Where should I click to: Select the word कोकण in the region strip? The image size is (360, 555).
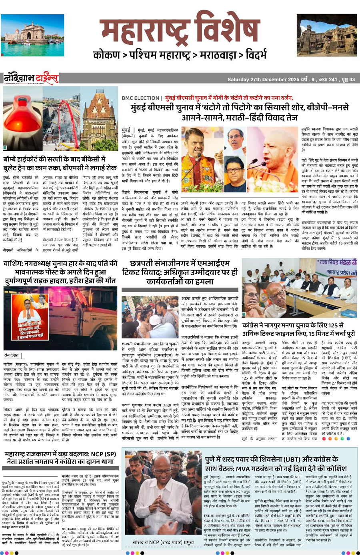click(107, 54)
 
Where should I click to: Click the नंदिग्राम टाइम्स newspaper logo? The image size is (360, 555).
click(31, 78)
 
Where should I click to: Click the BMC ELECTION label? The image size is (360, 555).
click(140, 98)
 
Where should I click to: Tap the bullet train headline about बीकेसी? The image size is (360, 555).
click(60, 163)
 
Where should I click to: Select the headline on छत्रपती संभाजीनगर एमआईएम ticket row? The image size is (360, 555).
click(180, 272)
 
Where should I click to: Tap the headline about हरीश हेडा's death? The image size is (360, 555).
click(60, 272)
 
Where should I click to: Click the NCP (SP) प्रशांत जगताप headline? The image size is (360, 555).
click(60, 457)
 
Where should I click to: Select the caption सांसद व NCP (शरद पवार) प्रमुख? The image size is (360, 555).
click(163, 542)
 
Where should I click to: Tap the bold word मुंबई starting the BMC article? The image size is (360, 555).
click(126, 130)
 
